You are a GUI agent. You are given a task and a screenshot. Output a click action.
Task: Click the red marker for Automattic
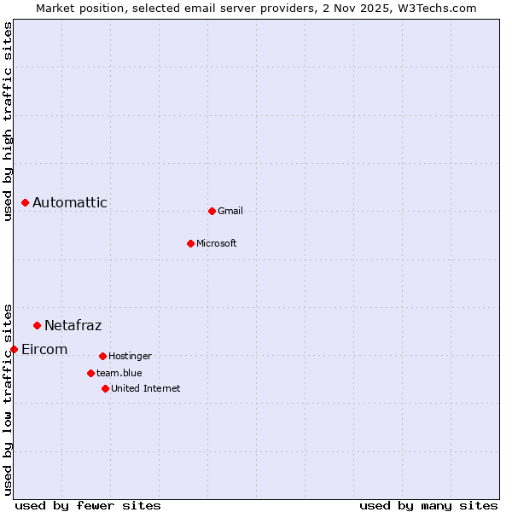point(25,202)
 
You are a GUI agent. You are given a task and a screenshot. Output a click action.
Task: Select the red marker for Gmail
point(212,211)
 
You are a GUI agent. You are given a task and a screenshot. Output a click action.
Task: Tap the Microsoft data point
point(190,243)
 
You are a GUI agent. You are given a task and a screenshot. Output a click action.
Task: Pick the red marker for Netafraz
point(37,325)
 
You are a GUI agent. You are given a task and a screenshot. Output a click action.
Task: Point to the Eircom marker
point(14,349)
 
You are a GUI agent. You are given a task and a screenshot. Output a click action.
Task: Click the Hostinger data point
point(102,356)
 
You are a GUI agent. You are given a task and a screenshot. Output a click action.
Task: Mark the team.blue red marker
point(90,373)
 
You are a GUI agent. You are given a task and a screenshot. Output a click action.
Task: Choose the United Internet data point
point(105,388)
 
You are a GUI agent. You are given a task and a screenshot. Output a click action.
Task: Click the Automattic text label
point(70,202)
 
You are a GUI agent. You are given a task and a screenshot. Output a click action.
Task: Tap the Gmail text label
point(230,211)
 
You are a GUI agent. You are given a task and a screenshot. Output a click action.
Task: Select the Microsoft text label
point(217,243)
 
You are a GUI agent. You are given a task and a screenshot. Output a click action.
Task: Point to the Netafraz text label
point(73,325)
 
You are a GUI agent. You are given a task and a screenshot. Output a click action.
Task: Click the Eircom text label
point(44,349)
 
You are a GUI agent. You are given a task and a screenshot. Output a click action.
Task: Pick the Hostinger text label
point(130,356)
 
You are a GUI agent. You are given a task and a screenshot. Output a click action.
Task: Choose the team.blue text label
point(119,373)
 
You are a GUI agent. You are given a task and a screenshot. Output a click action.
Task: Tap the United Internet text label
point(146,388)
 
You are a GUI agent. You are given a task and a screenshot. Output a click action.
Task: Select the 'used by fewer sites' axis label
point(88,505)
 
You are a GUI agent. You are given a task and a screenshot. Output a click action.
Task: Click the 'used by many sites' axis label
point(428,505)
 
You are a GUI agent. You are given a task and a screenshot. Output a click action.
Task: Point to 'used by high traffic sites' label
point(8,121)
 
